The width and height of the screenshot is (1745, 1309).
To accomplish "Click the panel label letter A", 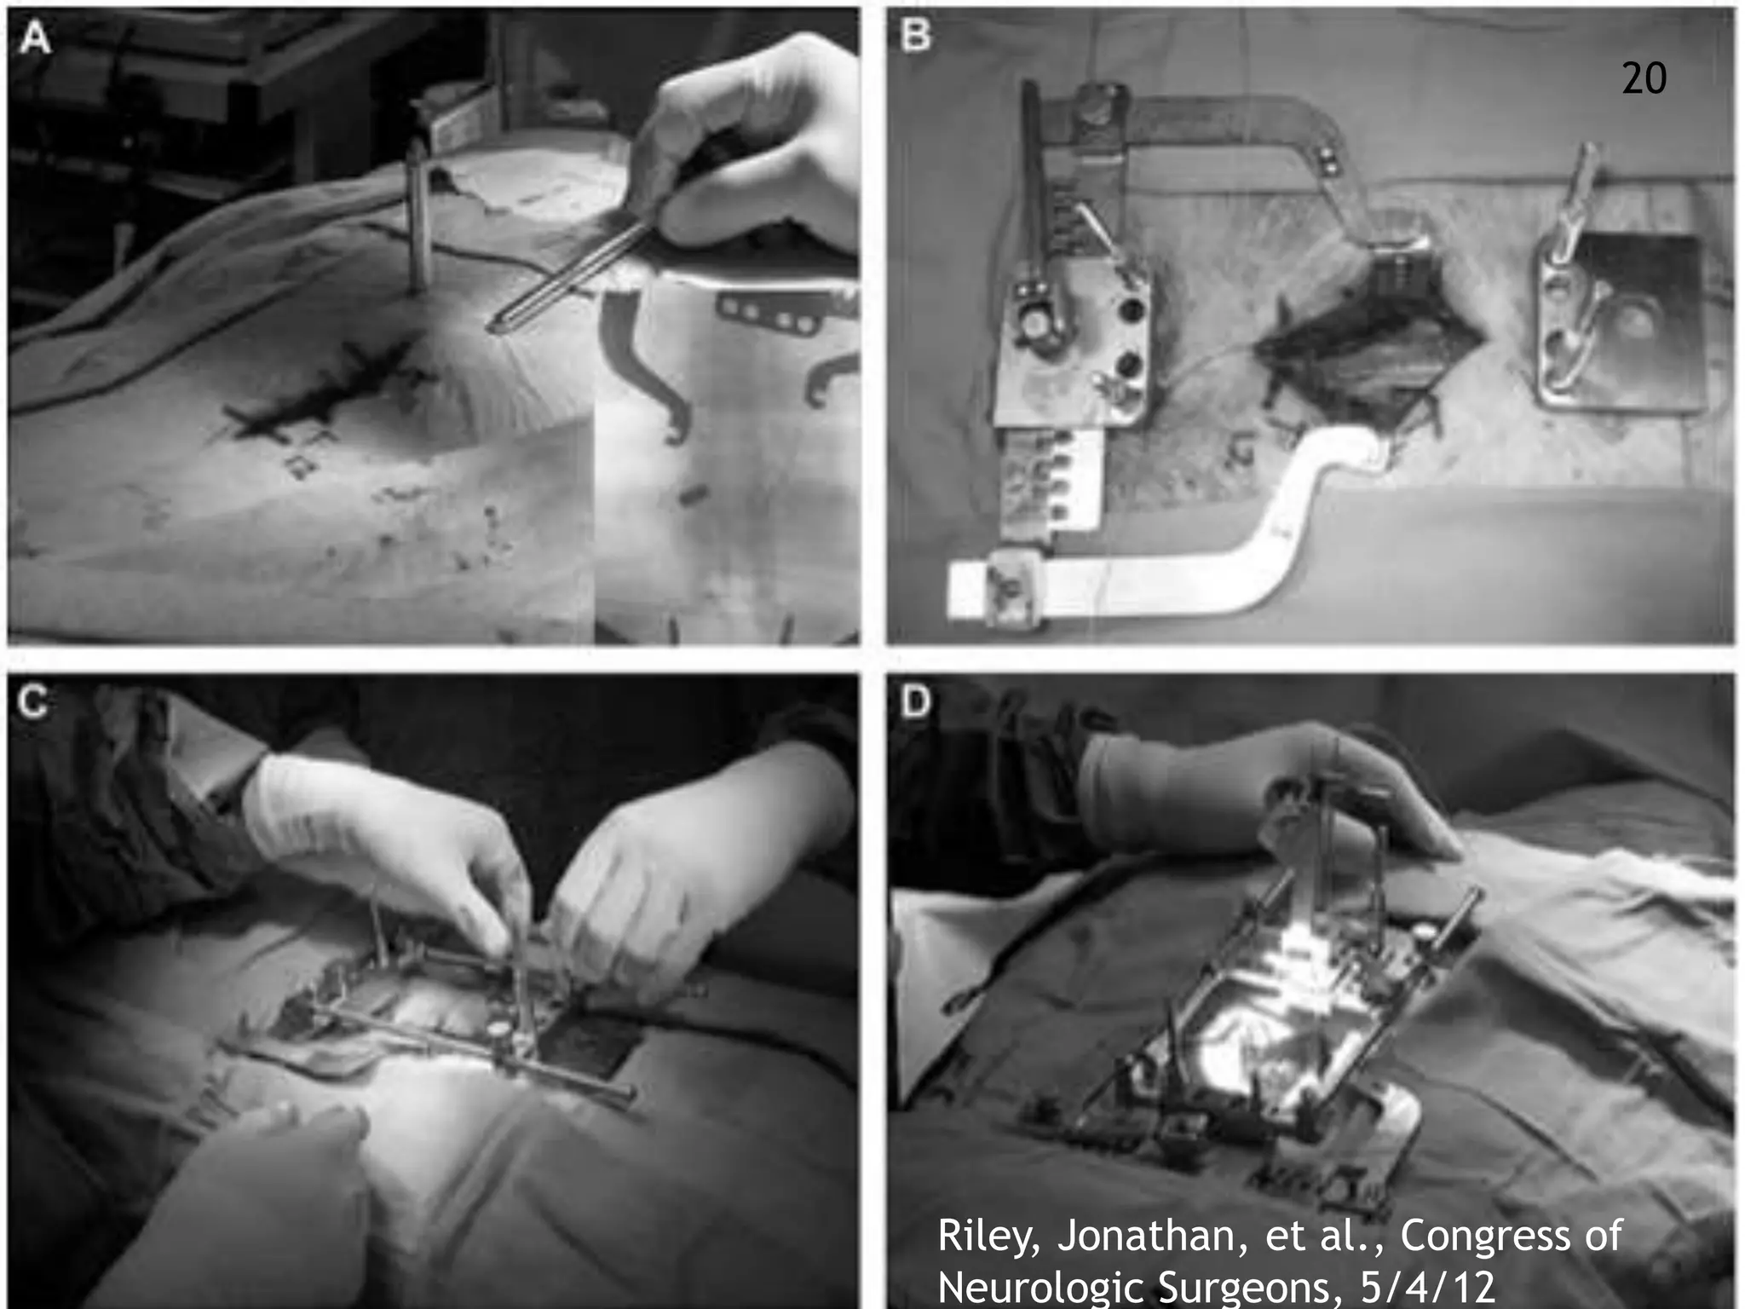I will coord(35,37).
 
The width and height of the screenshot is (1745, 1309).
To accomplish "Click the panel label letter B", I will coord(915,36).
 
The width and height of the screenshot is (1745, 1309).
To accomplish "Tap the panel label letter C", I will coord(33,702).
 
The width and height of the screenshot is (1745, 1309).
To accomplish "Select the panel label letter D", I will coord(916,703).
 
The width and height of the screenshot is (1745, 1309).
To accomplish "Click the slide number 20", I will coord(1644,79).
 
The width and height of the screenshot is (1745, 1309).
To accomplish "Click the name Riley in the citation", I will coord(988,1236).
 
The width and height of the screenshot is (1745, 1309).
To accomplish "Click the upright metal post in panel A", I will coord(417,222).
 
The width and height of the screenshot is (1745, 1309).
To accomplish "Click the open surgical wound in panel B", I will coord(1372,358).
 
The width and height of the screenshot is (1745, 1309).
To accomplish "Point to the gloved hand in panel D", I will coord(1261,793).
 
